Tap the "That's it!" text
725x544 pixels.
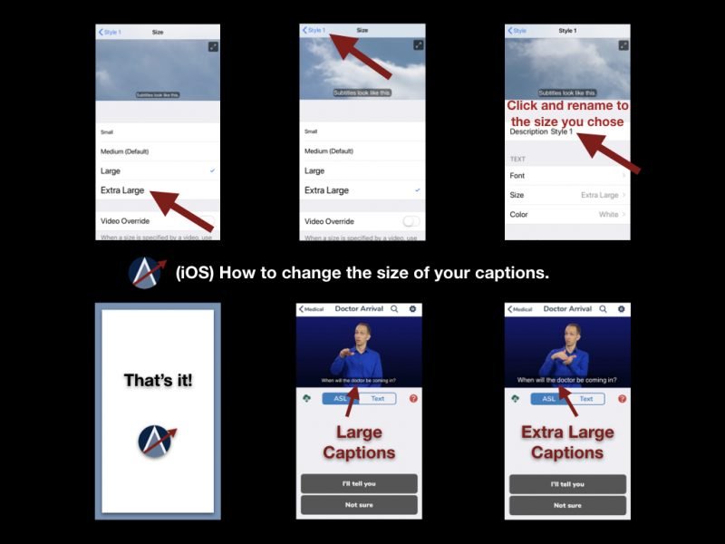pyautogui.click(x=158, y=381)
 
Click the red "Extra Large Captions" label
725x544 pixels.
pyautogui.click(x=567, y=442)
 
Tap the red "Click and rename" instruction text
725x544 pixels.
pyautogui.click(x=567, y=113)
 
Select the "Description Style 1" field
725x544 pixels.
pyautogui.click(x=541, y=132)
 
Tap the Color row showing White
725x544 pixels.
pyautogui.click(x=567, y=215)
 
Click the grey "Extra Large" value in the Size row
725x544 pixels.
pyautogui.click(x=599, y=195)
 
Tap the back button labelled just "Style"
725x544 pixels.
pyautogui.click(x=517, y=31)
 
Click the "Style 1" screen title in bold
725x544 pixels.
pyautogui.click(x=567, y=31)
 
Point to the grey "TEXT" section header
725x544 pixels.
pyautogui.click(x=517, y=159)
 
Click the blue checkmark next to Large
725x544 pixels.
pyautogui.click(x=212, y=170)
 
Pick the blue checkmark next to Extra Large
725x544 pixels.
pyautogui.click(x=416, y=190)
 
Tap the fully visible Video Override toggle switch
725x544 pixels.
pyautogui.click(x=411, y=221)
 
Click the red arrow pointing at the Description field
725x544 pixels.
pyautogui.click(x=609, y=152)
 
